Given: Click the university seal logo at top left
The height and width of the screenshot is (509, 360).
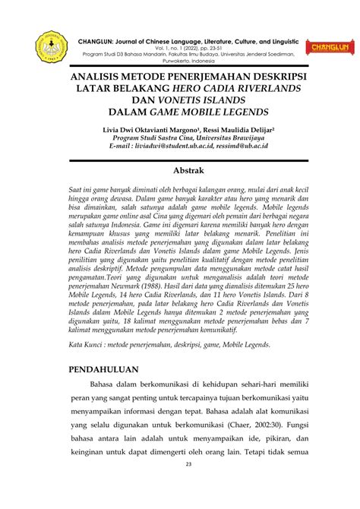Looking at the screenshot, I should click(52, 48).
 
